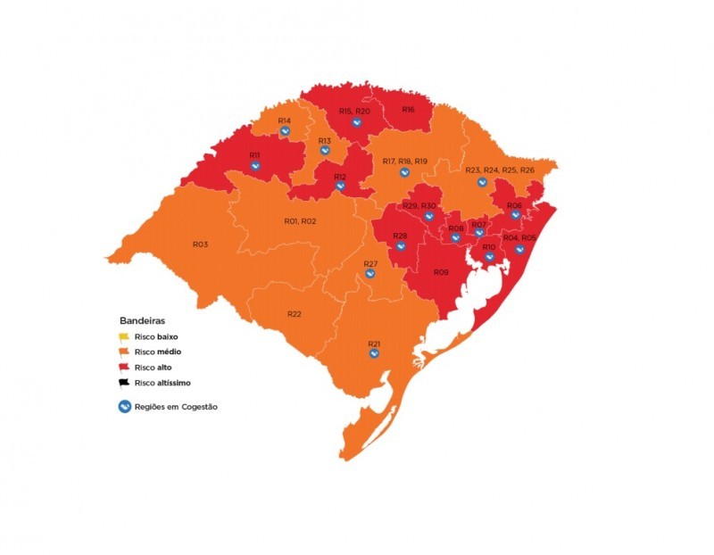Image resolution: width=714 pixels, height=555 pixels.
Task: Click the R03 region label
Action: [200, 244]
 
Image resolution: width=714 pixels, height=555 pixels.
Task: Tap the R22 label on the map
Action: [295, 314]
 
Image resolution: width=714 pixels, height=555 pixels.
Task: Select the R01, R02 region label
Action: [300, 220]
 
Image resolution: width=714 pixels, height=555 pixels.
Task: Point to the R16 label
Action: [408, 110]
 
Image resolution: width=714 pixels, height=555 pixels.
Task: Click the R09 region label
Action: [441, 272]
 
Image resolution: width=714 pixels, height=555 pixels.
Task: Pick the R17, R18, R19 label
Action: [404, 161]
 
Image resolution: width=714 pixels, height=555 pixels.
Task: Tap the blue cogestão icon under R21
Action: [375, 353]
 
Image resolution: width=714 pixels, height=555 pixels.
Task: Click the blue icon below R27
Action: [371, 274]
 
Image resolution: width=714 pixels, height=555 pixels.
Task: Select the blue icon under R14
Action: [285, 131]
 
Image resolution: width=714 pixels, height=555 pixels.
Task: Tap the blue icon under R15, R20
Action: [355, 122]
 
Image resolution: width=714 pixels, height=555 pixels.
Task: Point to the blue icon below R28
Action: [400, 246]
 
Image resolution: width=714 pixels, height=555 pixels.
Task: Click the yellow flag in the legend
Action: [125, 337]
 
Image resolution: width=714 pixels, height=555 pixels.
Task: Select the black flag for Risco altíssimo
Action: [125, 383]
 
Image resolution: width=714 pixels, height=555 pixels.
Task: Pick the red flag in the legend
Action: [125, 368]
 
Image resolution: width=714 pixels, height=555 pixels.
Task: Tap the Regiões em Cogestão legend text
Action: [176, 407]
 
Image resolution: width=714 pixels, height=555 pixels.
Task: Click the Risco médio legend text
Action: [159, 352]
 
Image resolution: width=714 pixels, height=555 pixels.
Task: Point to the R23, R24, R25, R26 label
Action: [500, 170]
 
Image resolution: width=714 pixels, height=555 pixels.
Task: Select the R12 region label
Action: [340, 177]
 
